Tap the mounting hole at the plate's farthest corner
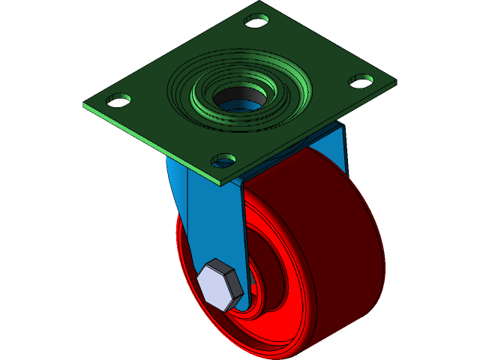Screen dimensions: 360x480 (256, 20)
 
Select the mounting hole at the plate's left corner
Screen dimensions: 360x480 (118, 99)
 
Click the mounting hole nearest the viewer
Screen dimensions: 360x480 (223, 159)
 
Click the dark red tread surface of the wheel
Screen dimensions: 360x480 (330, 225)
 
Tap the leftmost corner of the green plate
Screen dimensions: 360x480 (84, 106)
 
